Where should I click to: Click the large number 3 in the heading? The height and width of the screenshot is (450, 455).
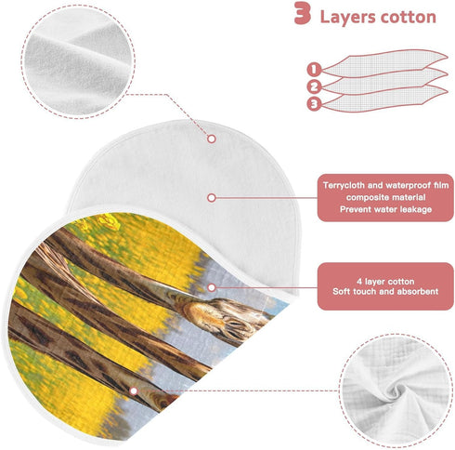tap(302, 13)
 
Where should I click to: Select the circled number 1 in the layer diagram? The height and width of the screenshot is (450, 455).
tap(314, 69)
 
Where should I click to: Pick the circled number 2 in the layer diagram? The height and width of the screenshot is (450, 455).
tap(314, 86)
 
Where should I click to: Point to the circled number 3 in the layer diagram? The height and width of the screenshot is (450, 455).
tap(314, 104)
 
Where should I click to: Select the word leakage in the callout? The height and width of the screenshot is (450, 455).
tap(415, 209)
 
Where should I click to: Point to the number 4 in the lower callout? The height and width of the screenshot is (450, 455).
tap(359, 282)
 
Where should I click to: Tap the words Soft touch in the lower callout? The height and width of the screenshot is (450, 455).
tap(357, 291)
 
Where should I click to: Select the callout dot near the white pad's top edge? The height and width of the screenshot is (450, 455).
tap(212, 139)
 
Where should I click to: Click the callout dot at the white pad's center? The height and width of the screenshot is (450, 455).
tap(212, 197)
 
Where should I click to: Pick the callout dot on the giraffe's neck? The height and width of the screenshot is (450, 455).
tap(212, 287)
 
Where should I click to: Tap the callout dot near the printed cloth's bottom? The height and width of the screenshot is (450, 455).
tap(134, 390)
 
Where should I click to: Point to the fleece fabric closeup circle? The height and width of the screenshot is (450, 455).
tap(78, 61)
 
